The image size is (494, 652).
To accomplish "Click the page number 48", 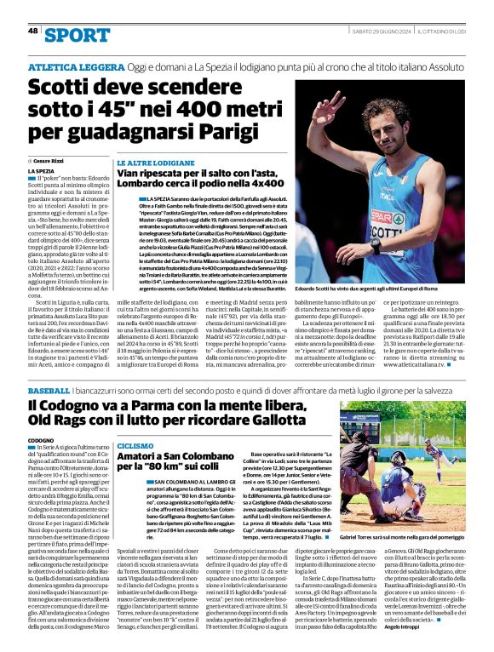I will (33, 31).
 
